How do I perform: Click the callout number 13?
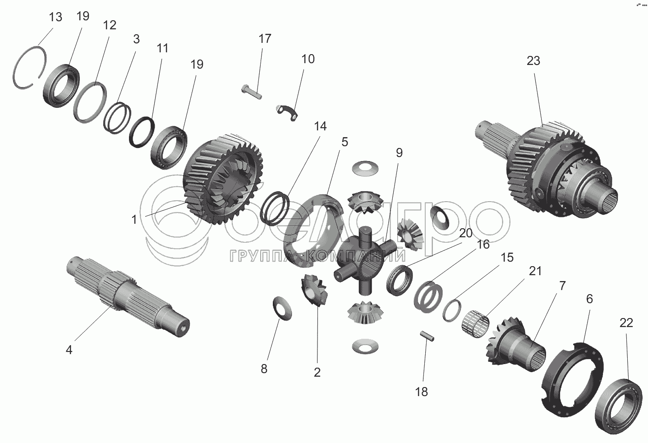(55, 18)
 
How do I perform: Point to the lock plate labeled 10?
(287, 111)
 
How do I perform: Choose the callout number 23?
(533, 60)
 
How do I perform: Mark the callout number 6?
(589, 299)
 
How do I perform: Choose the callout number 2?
(317, 372)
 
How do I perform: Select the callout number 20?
(466, 233)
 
